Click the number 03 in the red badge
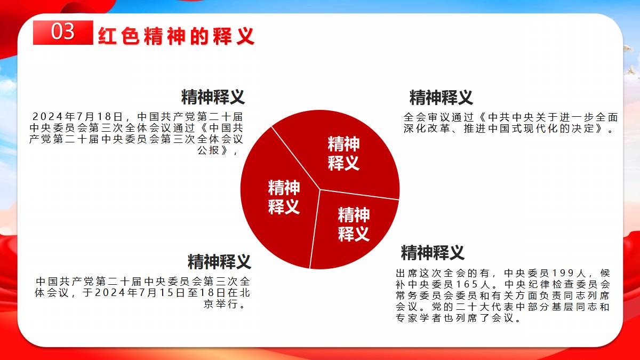63,31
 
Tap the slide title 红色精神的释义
177,36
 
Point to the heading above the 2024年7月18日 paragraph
213,97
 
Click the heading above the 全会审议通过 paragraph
441,98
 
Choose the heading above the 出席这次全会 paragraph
433,253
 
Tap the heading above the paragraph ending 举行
219,261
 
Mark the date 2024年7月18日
78,117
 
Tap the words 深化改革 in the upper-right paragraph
427,129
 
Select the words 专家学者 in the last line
418,318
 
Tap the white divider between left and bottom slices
315,229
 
